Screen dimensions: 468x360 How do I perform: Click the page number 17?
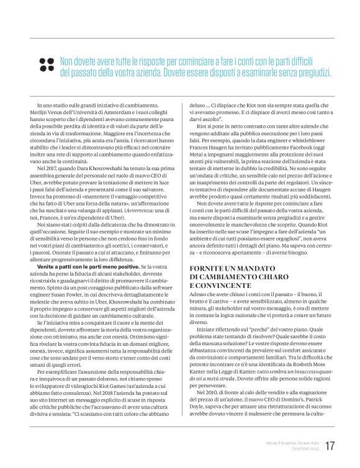[329, 446]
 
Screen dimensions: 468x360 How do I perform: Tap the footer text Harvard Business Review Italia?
[286, 442]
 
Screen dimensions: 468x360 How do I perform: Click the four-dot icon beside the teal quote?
[46, 64]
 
